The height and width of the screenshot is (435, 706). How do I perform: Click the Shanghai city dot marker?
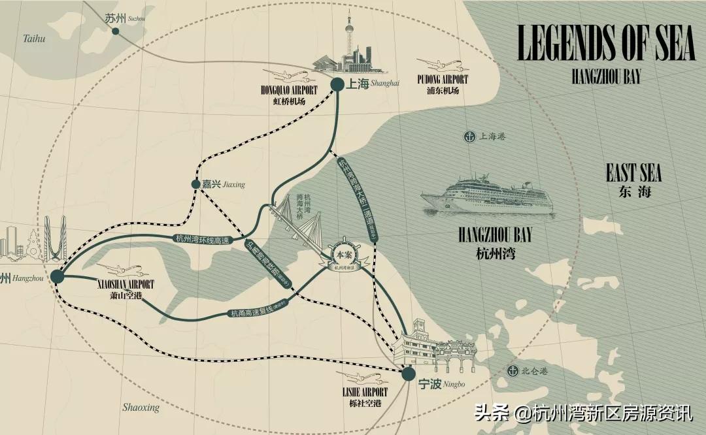[x=337, y=84]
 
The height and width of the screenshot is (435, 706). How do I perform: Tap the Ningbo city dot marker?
[x=408, y=374]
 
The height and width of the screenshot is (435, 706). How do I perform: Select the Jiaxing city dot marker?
[x=195, y=184]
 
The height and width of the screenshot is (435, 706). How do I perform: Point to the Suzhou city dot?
[x=115, y=31]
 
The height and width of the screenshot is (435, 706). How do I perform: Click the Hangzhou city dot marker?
[x=58, y=277]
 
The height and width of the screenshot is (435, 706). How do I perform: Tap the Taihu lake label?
[x=34, y=39]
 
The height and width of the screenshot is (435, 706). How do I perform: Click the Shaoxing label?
[x=141, y=408]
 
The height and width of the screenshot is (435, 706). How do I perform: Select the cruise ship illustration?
[x=487, y=194]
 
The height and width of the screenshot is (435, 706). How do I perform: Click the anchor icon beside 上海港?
[x=469, y=137]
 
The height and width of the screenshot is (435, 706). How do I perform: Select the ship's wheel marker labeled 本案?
[x=343, y=255]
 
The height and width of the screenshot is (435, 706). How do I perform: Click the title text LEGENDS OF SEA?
[x=605, y=44]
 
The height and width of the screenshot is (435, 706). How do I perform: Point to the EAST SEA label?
[x=633, y=174]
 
